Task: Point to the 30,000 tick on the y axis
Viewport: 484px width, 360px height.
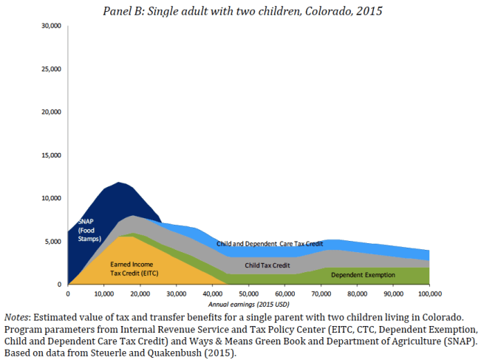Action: (50, 26)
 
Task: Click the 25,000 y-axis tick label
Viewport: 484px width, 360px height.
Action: (50, 69)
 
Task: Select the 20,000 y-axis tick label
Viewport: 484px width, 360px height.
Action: (50, 112)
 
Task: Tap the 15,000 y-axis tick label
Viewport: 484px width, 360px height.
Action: (50, 155)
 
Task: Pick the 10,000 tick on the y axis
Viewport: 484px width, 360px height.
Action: (50, 198)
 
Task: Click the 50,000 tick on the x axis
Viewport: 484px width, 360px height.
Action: (248, 293)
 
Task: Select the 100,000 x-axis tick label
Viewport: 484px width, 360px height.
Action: (429, 293)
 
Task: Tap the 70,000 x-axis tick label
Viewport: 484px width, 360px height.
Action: (321, 293)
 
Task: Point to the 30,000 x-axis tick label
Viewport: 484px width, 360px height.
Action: (176, 293)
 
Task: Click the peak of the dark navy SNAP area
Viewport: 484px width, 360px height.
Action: (117, 182)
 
